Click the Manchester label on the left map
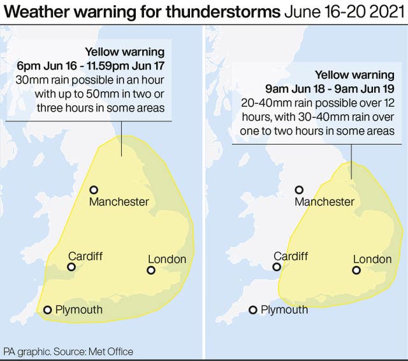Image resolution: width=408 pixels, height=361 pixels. click(x=119, y=202)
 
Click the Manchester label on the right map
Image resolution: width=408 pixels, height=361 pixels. click(x=324, y=202)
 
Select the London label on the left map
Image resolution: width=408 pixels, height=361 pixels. click(x=167, y=259)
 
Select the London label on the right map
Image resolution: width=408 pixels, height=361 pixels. click(x=372, y=259)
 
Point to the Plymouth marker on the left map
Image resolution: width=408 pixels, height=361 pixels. click(x=47, y=311)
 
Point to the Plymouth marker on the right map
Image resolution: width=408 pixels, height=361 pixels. click(x=253, y=311)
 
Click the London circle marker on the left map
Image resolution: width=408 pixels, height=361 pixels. click(x=151, y=270)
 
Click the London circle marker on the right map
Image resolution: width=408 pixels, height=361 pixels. click(x=356, y=270)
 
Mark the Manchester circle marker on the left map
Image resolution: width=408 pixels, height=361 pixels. click(x=94, y=189)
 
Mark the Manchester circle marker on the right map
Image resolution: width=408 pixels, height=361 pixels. click(x=299, y=189)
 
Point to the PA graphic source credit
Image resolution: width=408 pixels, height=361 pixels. click(x=68, y=351)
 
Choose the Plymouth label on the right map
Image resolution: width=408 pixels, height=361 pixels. click(x=284, y=310)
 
